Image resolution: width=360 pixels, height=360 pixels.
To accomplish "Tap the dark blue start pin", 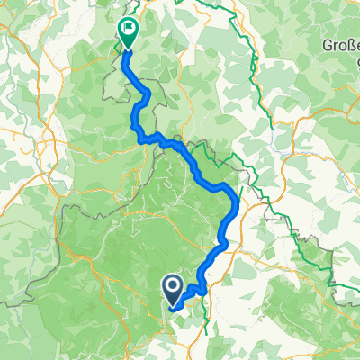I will click(x=173, y=288).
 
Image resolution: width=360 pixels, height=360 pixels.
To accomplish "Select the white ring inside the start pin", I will click(x=173, y=286).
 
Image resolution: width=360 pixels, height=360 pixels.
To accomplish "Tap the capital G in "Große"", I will click(x=328, y=43).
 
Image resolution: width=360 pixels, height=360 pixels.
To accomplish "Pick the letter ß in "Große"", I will click(x=348, y=43).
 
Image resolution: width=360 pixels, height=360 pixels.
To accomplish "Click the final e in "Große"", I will click(x=355, y=43).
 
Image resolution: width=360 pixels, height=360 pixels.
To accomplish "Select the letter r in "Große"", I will click(x=335, y=43).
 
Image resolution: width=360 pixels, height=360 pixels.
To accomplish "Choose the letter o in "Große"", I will click(x=341, y=43).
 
